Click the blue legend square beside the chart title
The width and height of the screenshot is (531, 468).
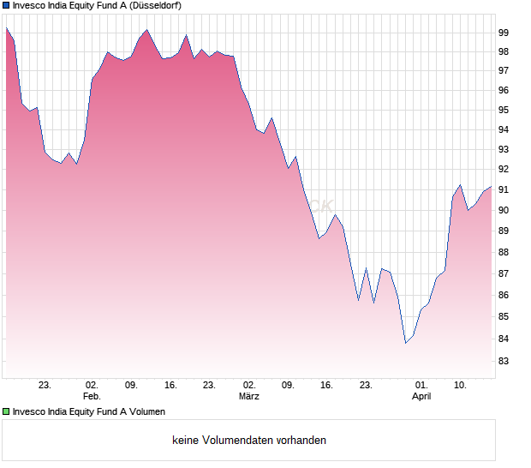click(6, 5)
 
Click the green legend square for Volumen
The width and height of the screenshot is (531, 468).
click(6, 411)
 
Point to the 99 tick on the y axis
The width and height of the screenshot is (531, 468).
click(504, 33)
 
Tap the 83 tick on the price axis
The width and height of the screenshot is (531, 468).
click(504, 362)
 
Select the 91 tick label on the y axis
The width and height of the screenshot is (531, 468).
click(504, 189)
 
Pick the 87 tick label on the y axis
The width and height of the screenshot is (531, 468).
click(504, 273)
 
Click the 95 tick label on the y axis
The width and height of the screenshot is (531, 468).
click(504, 111)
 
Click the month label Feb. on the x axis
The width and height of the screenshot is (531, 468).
click(92, 397)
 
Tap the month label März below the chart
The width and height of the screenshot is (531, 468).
click(249, 397)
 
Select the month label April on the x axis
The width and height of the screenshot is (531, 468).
click(421, 397)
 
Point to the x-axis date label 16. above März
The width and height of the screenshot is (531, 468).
click(326, 386)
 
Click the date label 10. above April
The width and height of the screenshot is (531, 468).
click(461, 386)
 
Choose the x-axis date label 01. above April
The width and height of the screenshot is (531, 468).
click(421, 386)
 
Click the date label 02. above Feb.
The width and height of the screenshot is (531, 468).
click(92, 386)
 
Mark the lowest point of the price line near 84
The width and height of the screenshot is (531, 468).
click(406, 343)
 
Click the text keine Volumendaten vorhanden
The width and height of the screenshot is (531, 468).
click(249, 441)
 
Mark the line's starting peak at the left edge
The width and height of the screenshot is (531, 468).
click(6, 28)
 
